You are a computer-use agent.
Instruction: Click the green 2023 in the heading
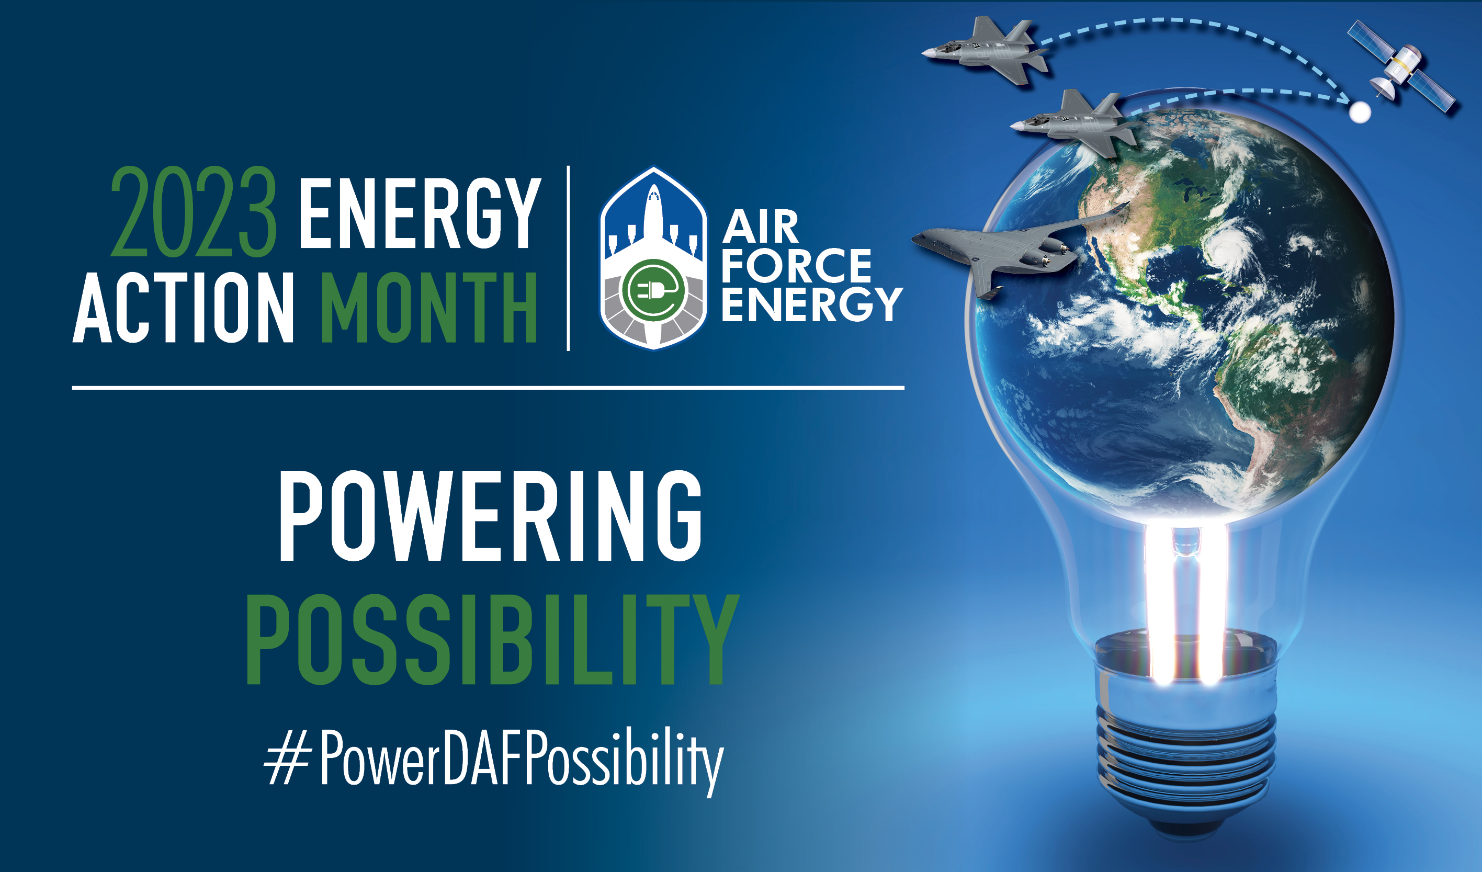pyautogui.click(x=194, y=212)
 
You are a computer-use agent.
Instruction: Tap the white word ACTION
pyautogui.click(x=183, y=308)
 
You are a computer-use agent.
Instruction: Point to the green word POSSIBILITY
pyautogui.click(x=492, y=639)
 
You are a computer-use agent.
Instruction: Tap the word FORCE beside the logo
pyautogui.click(x=796, y=266)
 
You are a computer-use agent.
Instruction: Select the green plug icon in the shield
pyautogui.click(x=653, y=290)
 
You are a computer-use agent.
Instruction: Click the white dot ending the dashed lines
pyautogui.click(x=1359, y=112)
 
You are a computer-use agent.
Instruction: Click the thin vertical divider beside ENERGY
pyautogui.click(x=568, y=259)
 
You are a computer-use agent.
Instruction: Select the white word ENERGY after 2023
pyautogui.click(x=420, y=213)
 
